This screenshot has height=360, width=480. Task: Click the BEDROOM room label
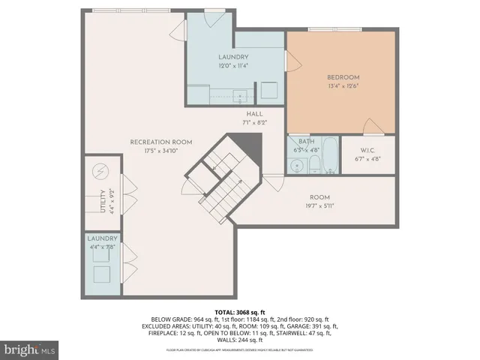343,77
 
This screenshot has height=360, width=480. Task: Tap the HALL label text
244,113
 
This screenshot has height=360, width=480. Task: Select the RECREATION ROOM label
160,142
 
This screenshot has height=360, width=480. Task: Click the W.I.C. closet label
367,150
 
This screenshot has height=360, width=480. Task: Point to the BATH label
306,141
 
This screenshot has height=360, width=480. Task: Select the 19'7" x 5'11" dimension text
319,205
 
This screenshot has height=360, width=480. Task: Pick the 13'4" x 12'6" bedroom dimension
343,85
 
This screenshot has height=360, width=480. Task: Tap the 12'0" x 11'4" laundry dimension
233,65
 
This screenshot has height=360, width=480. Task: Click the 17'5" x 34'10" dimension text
160,150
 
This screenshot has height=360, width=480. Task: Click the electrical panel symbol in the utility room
100,172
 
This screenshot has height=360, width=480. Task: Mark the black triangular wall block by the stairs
244,139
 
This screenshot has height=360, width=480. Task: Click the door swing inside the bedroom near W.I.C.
371,126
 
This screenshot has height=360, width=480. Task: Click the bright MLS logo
30,349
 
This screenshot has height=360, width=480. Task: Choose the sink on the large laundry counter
238,95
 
